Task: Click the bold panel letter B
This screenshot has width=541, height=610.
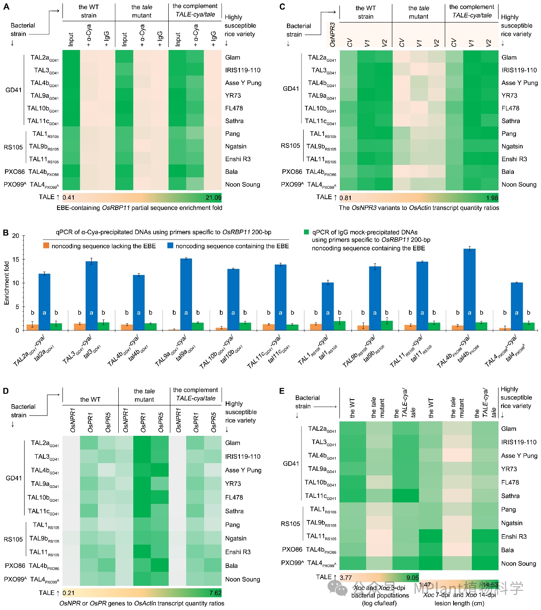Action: [6, 232]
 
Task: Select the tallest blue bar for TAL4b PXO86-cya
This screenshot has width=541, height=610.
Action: [469, 289]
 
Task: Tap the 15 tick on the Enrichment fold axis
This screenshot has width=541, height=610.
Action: [15, 260]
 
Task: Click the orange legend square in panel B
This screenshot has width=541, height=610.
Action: [46, 246]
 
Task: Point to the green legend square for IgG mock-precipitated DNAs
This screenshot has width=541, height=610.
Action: [307, 232]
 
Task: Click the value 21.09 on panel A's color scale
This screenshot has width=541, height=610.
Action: [213, 197]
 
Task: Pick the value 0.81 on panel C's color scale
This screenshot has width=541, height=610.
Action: [346, 198]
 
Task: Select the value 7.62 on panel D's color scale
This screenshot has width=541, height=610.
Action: [215, 592]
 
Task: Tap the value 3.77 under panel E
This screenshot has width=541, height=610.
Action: [346, 577]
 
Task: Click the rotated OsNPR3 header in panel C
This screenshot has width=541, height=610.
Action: [332, 35]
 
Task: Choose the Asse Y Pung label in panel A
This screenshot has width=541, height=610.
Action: [243, 83]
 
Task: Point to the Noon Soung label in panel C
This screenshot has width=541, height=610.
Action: [519, 185]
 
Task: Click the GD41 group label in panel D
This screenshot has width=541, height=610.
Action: [14, 478]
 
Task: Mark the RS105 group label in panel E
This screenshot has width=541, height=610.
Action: [290, 523]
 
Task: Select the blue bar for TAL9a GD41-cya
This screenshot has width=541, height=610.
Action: [186, 294]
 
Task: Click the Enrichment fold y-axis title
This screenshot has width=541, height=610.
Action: [7, 283]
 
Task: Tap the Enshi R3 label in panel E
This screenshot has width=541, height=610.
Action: [514, 537]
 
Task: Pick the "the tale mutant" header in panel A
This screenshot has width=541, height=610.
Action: [142, 11]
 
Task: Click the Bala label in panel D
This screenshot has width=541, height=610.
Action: [232, 566]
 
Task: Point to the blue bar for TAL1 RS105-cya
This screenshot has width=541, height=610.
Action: [328, 306]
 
